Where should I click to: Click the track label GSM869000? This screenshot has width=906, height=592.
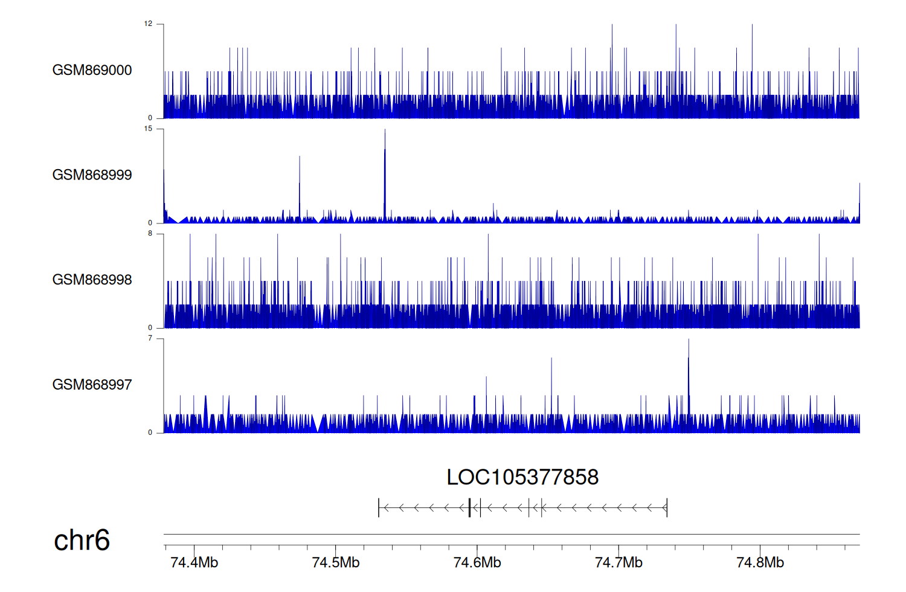click(x=92, y=70)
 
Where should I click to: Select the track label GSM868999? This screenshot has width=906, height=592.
click(x=92, y=175)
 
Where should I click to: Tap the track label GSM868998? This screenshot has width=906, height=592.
click(x=92, y=280)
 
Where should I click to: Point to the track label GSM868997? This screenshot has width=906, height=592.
click(x=92, y=385)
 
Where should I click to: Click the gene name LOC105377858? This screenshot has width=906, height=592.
click(x=522, y=477)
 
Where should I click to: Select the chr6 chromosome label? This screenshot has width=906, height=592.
click(x=82, y=540)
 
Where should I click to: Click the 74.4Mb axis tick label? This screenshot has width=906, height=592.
click(x=194, y=562)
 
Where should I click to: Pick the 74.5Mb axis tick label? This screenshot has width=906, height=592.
click(x=335, y=562)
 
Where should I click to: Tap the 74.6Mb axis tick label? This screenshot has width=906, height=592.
click(x=477, y=562)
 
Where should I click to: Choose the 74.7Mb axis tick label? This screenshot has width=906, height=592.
click(x=618, y=562)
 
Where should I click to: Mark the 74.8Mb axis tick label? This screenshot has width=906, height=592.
click(x=760, y=562)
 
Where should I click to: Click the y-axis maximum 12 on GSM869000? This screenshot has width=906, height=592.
click(x=148, y=24)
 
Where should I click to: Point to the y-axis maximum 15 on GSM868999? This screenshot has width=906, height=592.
click(x=148, y=129)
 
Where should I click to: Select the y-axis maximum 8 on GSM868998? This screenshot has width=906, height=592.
click(x=150, y=234)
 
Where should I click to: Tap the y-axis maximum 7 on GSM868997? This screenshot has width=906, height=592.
click(x=150, y=338)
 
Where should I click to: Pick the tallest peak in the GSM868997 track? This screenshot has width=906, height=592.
click(x=689, y=341)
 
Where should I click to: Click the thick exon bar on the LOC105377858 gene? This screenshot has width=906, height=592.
click(x=469, y=508)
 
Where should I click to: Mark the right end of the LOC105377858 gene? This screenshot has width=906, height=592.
click(x=667, y=508)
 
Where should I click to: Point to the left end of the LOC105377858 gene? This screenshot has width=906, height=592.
click(x=379, y=508)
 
